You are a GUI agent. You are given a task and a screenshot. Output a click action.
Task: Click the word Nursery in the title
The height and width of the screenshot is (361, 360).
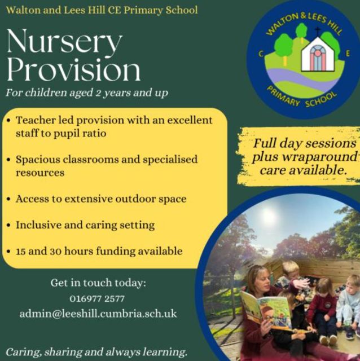pyautogui.click(x=64, y=42)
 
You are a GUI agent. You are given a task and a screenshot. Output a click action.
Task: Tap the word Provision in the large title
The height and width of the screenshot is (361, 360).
pyautogui.click(x=73, y=69)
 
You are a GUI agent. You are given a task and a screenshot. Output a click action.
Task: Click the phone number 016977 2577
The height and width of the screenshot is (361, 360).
pyautogui.click(x=97, y=299)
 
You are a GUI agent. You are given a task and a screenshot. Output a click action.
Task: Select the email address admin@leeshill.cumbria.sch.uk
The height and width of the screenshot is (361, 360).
pyautogui.click(x=98, y=314)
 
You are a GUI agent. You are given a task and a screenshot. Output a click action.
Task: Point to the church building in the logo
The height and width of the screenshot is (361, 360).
pyautogui.click(x=318, y=54)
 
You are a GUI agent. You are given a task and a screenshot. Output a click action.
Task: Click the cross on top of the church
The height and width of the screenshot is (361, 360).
pyautogui.click(x=318, y=32)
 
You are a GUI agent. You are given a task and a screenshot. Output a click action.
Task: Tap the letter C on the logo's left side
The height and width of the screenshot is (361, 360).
pyautogui.click(x=261, y=54)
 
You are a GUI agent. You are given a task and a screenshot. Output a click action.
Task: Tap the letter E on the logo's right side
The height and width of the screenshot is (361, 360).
pyautogui.click(x=348, y=54)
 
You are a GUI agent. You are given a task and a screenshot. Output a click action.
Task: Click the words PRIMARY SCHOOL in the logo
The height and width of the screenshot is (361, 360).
pyautogui.click(x=302, y=98)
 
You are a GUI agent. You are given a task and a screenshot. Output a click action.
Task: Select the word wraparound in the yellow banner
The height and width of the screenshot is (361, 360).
pyautogui.click(x=305, y=157)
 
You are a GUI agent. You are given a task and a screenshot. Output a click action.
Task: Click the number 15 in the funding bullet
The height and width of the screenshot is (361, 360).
pyautogui.click(x=20, y=251)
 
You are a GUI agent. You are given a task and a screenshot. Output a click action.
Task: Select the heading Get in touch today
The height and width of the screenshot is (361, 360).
pyautogui.click(x=98, y=283)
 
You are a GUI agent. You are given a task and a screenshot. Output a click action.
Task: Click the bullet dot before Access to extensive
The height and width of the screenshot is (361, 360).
pyautogui.click(x=9, y=199)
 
